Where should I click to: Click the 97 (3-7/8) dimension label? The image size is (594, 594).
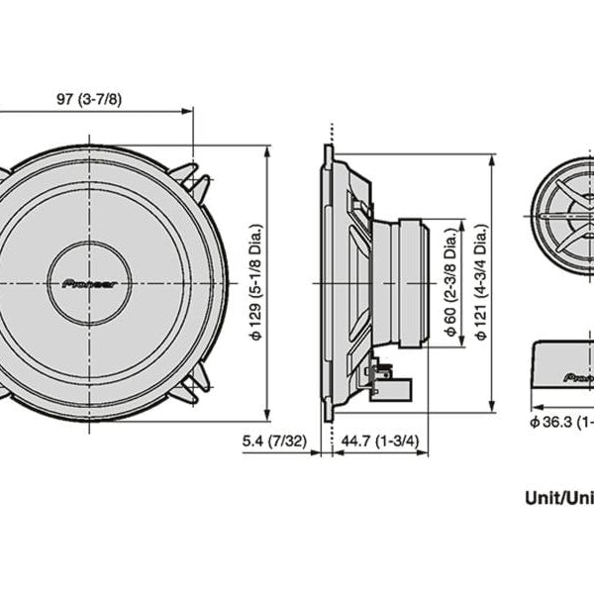[96, 99]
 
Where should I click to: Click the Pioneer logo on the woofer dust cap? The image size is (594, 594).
[89, 283]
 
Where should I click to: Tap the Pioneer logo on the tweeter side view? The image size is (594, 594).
[579, 377]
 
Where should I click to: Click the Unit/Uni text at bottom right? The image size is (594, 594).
[558, 499]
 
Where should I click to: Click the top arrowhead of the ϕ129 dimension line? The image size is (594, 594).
[267, 151]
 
